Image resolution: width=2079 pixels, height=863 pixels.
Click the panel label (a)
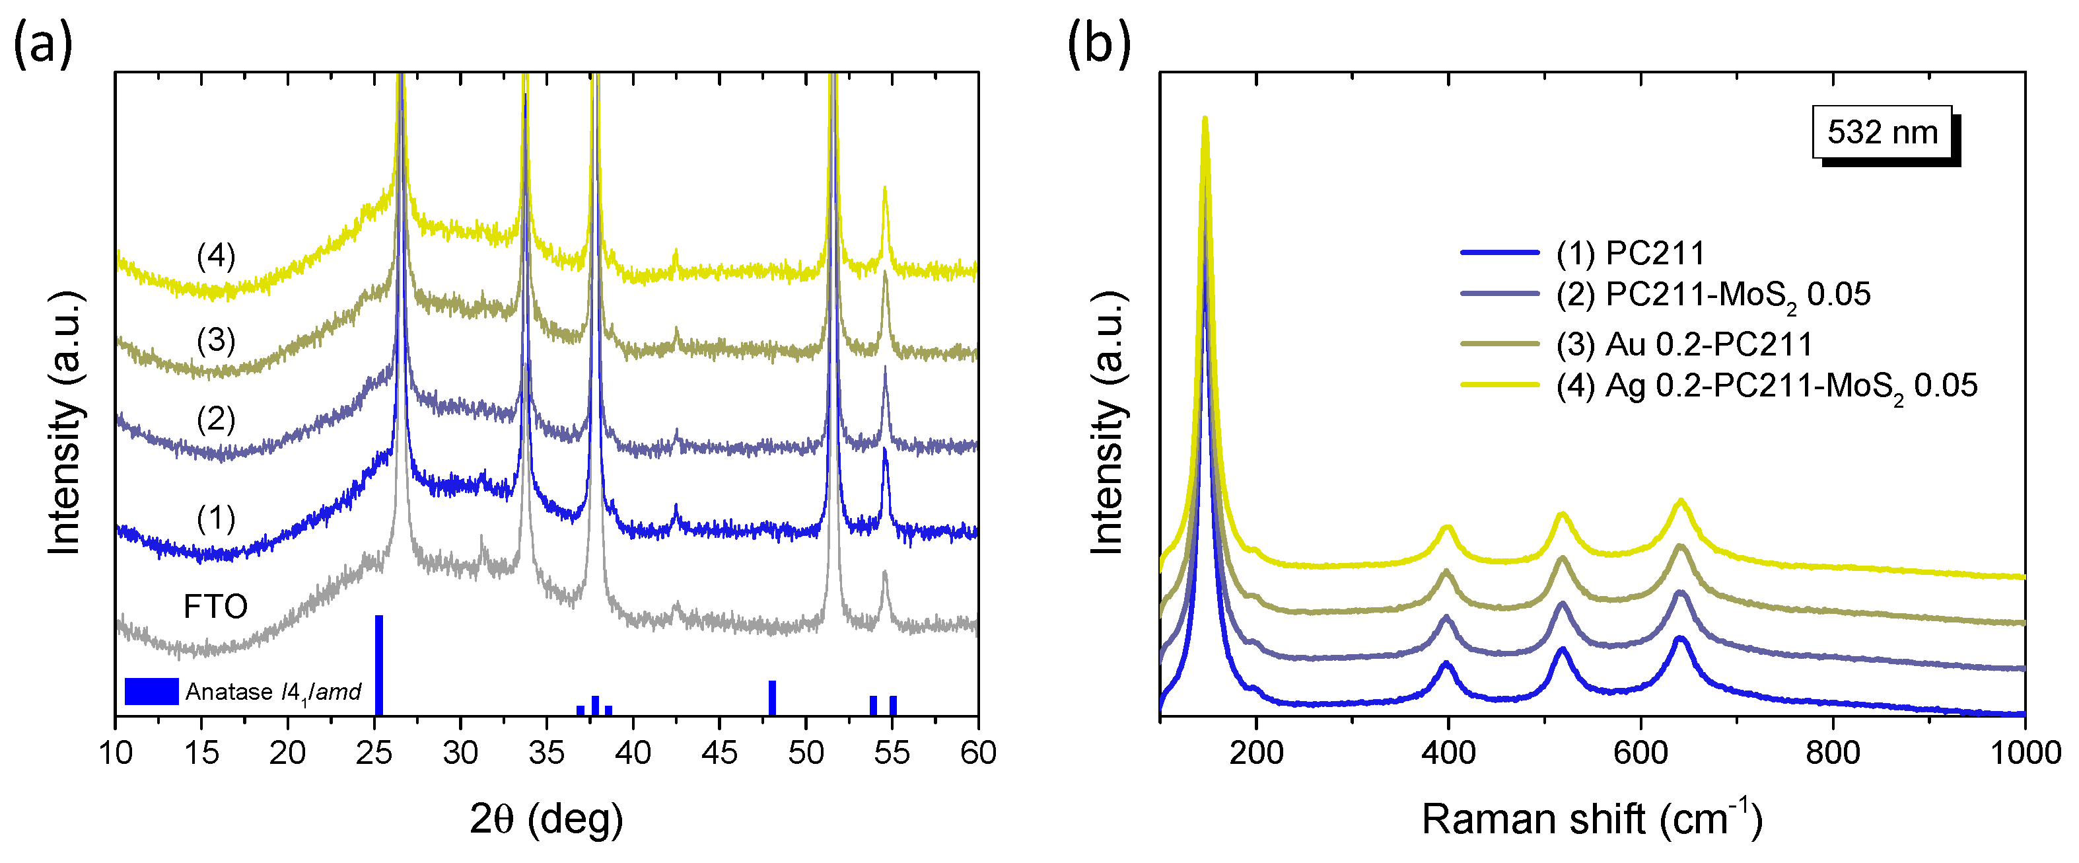(43, 44)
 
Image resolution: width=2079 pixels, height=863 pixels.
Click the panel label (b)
(1098, 44)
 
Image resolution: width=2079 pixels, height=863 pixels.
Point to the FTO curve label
(215, 606)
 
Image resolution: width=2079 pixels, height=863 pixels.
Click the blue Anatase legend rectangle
(151, 691)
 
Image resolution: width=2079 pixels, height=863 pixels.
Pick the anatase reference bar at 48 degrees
(771, 698)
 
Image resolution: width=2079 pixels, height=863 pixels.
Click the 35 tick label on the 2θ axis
(546, 753)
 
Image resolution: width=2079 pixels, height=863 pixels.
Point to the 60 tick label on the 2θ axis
(977, 753)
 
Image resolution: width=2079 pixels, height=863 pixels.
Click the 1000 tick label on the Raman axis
(2024, 753)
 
